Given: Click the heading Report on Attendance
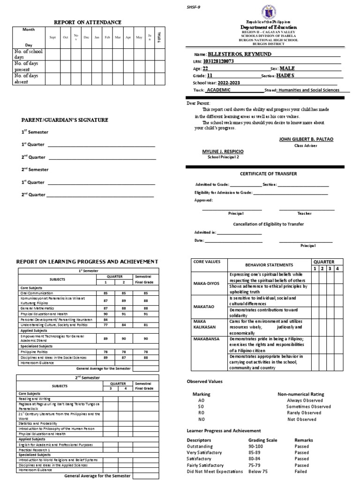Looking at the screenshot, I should pyautogui.click(x=88, y=22).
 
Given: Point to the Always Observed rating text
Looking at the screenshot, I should pyautogui.click(x=304, y=401).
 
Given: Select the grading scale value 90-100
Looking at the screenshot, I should pyautogui.click(x=256, y=447).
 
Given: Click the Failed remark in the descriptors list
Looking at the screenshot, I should pyautogui.click(x=301, y=471).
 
